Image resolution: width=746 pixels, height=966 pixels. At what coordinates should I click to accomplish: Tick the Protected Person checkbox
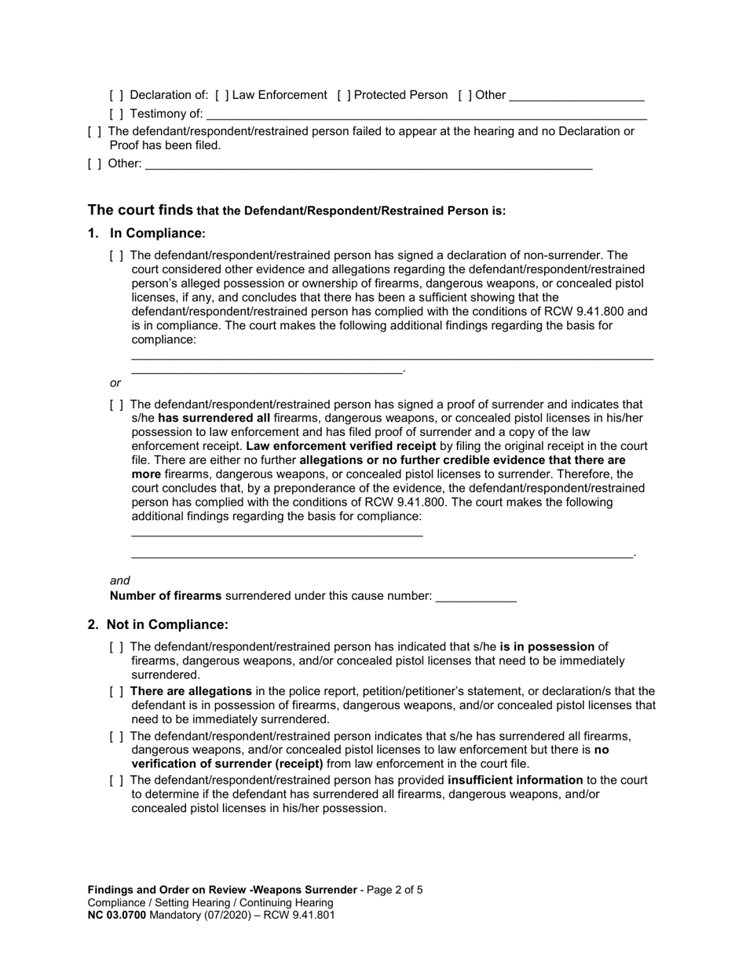click(x=343, y=95)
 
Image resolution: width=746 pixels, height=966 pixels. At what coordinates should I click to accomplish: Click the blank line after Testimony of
click(x=424, y=115)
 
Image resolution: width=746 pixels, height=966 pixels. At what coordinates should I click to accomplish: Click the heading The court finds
click(x=140, y=210)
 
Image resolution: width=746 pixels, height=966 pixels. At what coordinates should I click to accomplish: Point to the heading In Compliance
click(x=155, y=233)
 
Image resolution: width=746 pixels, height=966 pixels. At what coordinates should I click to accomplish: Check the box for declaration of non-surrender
click(x=116, y=255)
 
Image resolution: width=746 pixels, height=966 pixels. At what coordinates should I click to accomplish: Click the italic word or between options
click(x=115, y=382)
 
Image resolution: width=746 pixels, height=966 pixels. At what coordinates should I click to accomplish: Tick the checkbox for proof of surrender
click(x=116, y=404)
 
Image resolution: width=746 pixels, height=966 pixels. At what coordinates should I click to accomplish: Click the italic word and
click(x=119, y=580)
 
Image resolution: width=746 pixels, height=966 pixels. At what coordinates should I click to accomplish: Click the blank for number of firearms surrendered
click(x=475, y=597)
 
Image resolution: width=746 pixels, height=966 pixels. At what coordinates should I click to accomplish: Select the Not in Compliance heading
click(x=166, y=624)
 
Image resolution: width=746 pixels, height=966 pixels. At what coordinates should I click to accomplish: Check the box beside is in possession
click(x=116, y=646)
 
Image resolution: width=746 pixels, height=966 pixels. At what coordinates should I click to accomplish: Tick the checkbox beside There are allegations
click(x=116, y=691)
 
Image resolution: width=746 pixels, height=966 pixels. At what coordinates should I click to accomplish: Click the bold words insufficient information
click(x=515, y=780)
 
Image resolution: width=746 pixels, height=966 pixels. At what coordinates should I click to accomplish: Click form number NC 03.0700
click(x=116, y=915)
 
